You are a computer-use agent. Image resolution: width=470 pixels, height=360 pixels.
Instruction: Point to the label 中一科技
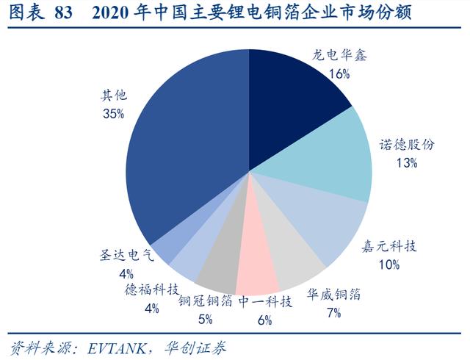(265, 301)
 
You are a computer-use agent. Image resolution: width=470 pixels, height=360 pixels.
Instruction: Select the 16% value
(339, 74)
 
